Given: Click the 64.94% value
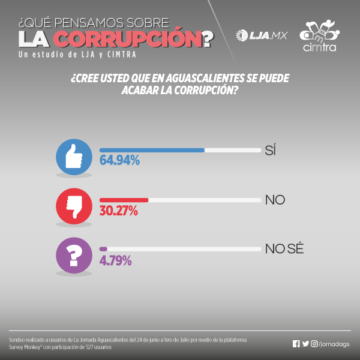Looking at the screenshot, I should click(119, 161).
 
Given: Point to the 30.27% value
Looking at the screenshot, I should click(119, 211).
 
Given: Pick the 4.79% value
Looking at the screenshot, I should click(116, 260).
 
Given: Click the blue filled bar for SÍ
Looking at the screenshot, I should click(152, 150).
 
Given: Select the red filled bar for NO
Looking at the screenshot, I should click(124, 200).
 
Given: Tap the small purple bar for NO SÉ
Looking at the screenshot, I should click(103, 248).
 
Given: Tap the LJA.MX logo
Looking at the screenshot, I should click(262, 35).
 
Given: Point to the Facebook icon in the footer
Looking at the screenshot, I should click(296, 344).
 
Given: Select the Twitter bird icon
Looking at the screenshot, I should click(305, 344).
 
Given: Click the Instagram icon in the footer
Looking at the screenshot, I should click(314, 344).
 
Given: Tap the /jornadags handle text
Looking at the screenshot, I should click(334, 344).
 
